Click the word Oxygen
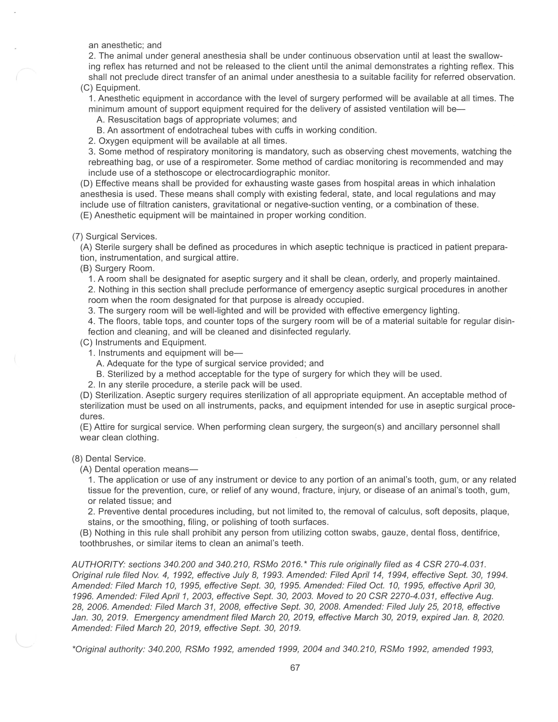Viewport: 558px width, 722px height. point(114,141)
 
